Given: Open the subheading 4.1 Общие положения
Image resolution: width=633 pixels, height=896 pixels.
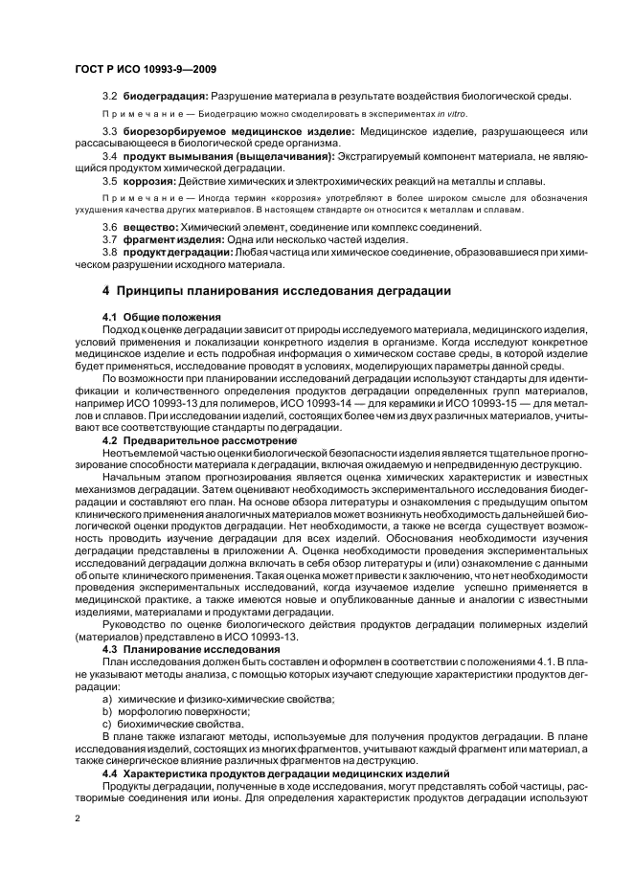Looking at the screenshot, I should click(x=161, y=316).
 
